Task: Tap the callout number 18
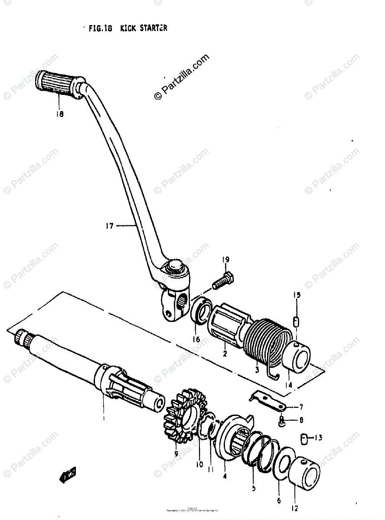click(59, 114)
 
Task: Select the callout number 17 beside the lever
click(109, 225)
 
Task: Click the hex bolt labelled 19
click(222, 282)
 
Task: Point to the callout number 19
click(225, 260)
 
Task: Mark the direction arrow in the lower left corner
click(68, 476)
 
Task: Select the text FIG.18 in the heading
click(100, 29)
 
